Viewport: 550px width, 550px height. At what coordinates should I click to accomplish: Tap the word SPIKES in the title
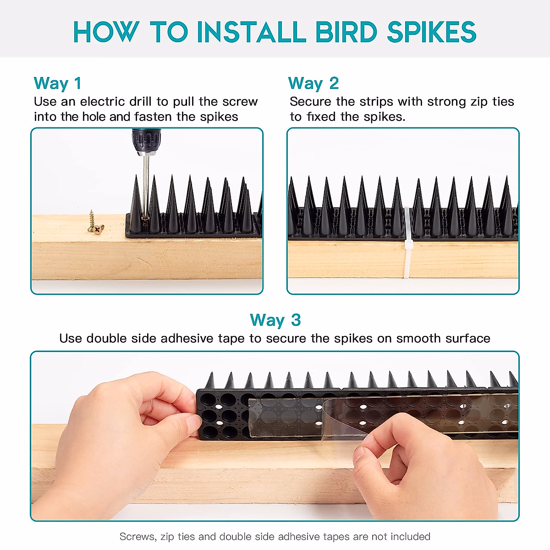(432, 32)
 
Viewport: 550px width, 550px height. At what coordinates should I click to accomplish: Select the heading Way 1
(57, 83)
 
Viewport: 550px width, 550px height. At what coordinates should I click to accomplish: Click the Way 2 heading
(313, 83)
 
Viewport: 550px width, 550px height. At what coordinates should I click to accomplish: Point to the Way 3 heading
(275, 320)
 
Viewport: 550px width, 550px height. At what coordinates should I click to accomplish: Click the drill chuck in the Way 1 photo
(146, 142)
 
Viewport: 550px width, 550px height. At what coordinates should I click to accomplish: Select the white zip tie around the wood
(407, 242)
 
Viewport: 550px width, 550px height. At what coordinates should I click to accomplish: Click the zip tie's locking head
(408, 245)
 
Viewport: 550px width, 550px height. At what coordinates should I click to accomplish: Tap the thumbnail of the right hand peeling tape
(359, 454)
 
